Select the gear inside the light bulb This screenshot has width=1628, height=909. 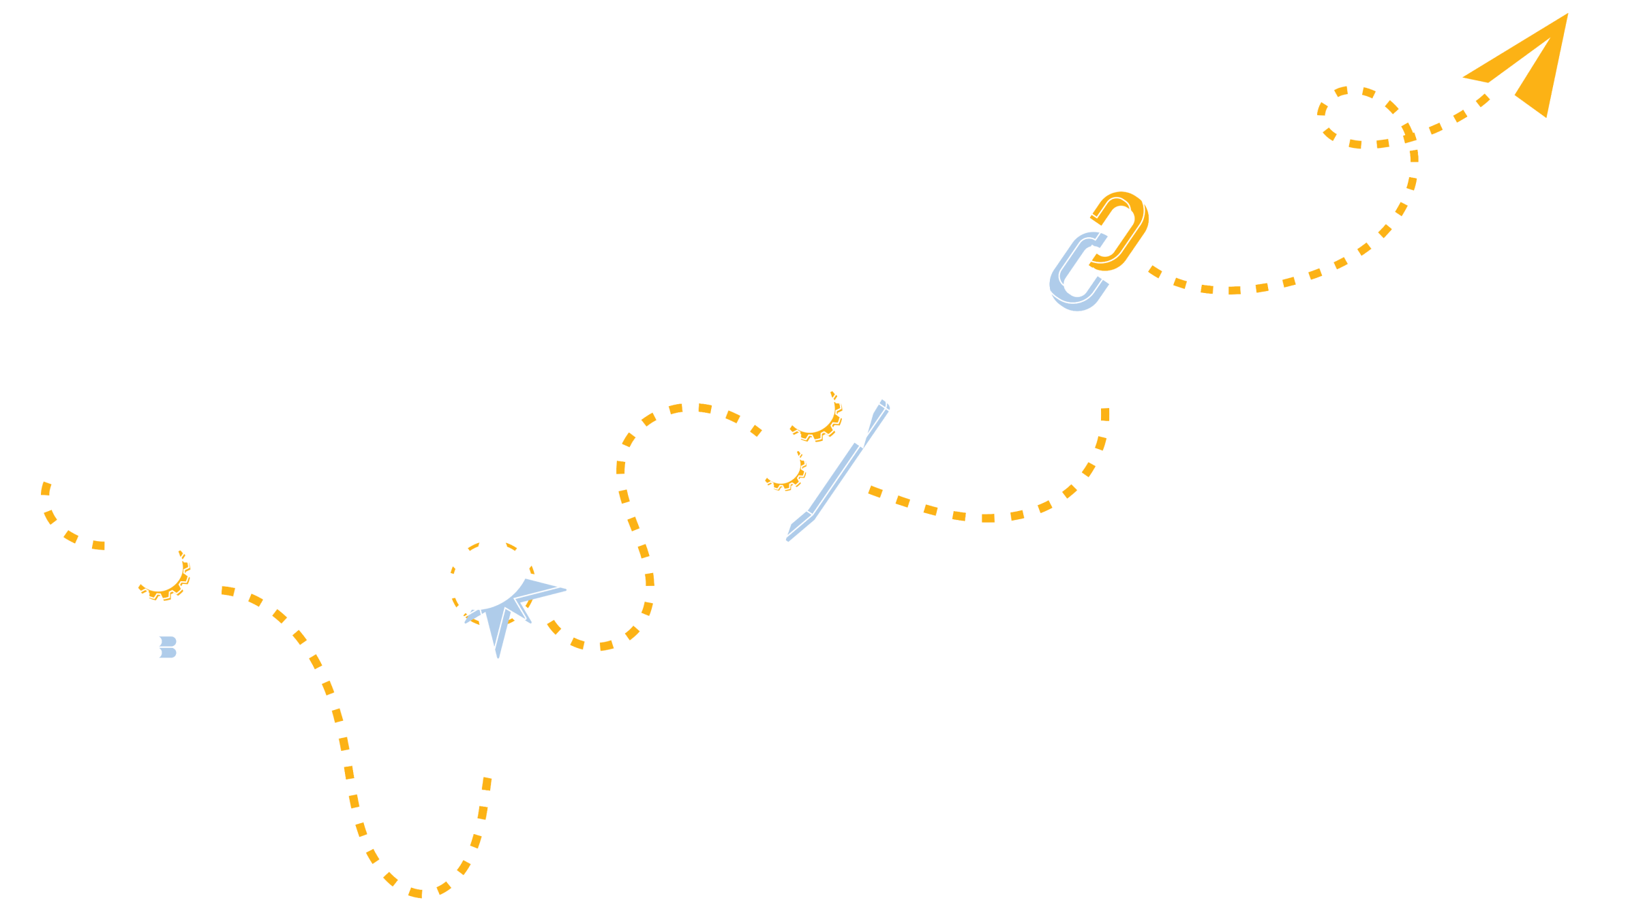pos(160,570)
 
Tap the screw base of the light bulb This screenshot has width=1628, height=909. pos(160,647)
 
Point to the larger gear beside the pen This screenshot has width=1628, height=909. pos(811,411)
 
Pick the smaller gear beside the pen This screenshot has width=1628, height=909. pos(782,466)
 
